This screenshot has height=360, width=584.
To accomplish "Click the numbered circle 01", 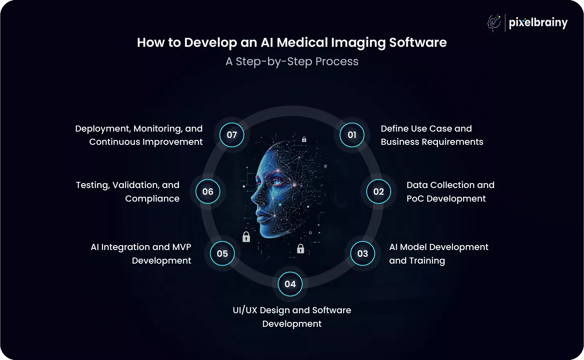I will pos(352,135).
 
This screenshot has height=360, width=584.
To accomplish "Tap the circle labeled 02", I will pos(378,192).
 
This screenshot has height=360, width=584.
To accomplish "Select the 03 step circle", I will pos(363,254).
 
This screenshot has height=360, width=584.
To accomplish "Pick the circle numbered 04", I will pos(290,284).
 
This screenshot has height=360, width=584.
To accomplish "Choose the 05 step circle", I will pos(222,254).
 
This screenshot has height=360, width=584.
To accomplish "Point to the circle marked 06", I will pos(208,192).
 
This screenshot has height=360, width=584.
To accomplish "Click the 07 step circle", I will pos(232,135).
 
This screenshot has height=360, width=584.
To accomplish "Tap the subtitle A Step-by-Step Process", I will pos(292,62).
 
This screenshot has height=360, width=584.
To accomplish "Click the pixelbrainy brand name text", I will pos(538,23).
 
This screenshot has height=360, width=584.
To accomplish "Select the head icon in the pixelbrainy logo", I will pos(494,23).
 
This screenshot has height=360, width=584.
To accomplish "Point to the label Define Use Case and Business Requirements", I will pos(431,135).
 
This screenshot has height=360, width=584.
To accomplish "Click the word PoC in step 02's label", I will pos(415,199).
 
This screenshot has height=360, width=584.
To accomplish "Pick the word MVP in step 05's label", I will pos(181,247).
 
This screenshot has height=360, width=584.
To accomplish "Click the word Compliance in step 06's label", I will pos(152,199).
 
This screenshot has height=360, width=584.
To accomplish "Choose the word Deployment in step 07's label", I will pos(103,129).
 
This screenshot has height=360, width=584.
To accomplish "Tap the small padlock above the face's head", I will pos(304,140).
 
